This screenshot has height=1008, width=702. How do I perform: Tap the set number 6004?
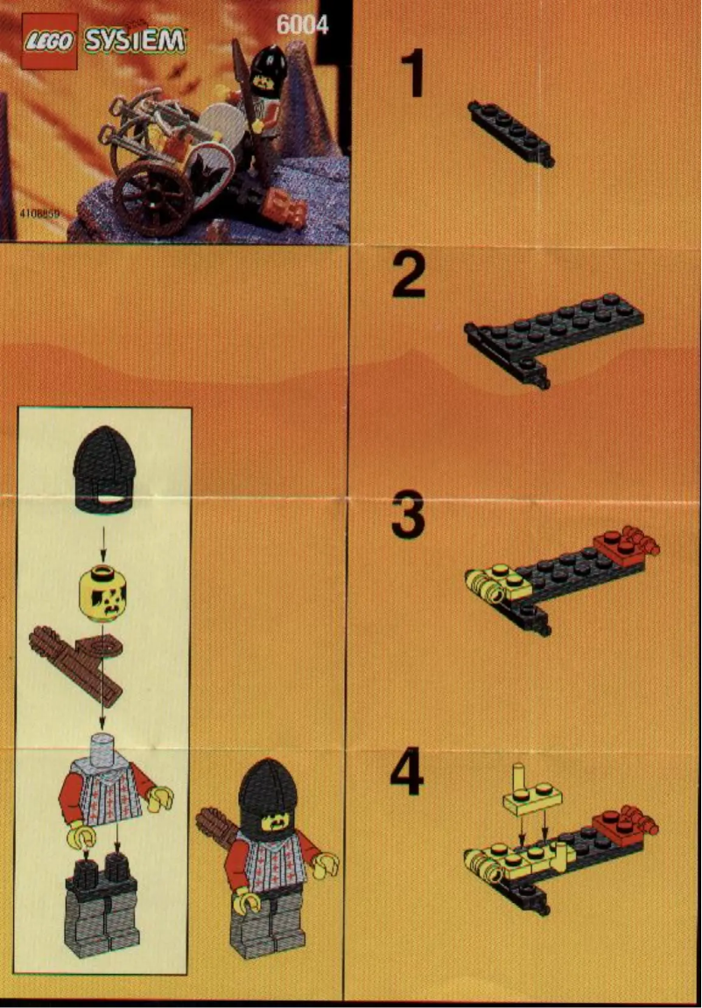[x=301, y=25]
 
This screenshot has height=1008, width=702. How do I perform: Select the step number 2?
[x=409, y=279]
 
